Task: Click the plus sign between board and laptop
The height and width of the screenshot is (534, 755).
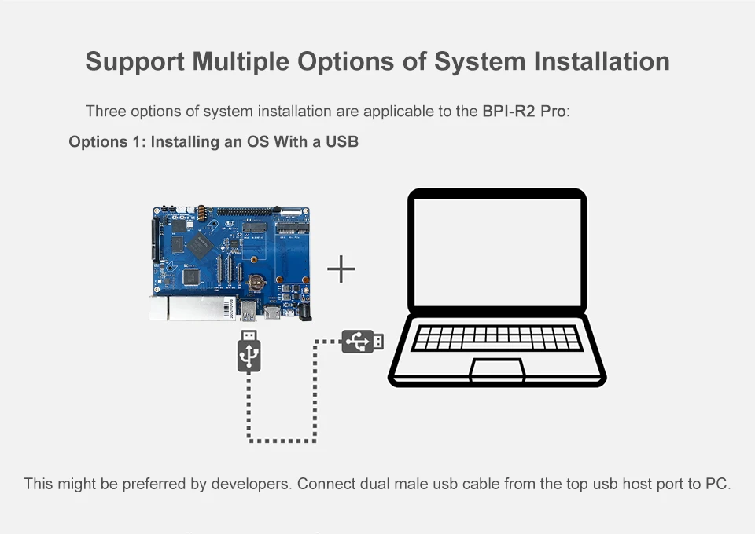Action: (341, 269)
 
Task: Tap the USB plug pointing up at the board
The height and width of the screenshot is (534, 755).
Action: (249, 351)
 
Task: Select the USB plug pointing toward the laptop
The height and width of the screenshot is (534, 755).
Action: (363, 342)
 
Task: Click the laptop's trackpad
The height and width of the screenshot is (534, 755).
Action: (497, 369)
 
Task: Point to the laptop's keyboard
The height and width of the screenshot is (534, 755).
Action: (497, 338)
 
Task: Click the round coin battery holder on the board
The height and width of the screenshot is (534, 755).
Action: (256, 280)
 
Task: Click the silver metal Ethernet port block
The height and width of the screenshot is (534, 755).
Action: (193, 308)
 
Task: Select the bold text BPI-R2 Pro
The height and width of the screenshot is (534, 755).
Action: (523, 111)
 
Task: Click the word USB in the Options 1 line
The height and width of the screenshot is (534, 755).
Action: (342, 142)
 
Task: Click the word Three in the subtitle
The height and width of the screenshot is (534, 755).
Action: (105, 111)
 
